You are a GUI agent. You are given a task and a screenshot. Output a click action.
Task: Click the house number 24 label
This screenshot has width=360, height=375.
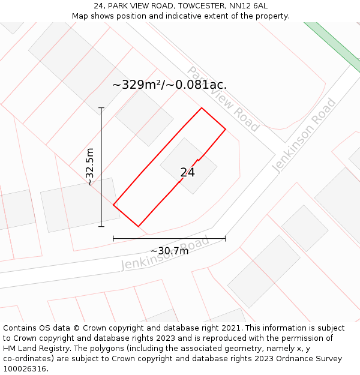point(187,173)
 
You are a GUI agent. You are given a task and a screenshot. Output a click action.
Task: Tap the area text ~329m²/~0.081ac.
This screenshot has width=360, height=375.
point(169,85)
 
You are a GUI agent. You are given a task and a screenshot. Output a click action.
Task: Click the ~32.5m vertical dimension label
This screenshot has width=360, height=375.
point(90,167)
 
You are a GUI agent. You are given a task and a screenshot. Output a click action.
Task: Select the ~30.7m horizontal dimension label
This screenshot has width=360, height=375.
point(169,251)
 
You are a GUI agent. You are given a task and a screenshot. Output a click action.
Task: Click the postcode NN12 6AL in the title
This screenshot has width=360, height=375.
point(247,5)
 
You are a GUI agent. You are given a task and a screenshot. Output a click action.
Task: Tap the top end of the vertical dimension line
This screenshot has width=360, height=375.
point(101,108)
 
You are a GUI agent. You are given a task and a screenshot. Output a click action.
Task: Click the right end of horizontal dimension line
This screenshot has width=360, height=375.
point(226,238)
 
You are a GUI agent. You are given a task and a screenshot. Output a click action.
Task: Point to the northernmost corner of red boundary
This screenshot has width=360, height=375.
point(202,108)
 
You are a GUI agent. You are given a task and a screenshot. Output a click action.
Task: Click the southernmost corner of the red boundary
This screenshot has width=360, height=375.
point(139,226)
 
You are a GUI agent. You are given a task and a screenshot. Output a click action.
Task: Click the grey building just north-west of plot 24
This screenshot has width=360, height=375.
point(144,117)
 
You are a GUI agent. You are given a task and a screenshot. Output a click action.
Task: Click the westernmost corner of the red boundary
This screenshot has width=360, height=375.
point(113,205)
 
